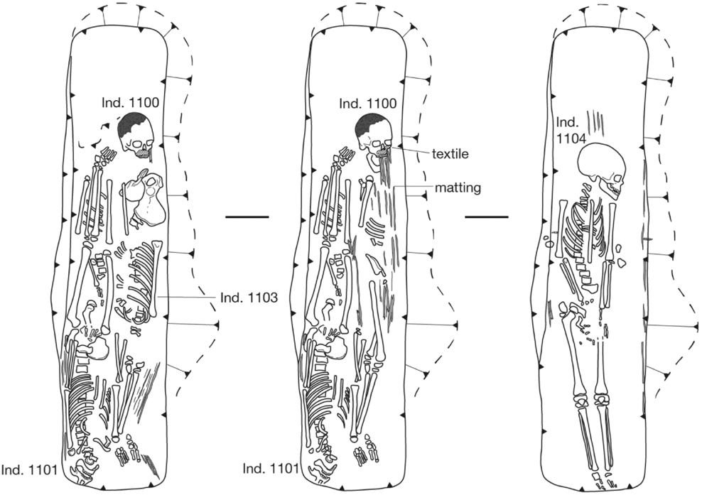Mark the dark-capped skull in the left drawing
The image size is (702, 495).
[136, 135]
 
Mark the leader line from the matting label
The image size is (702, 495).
[412, 187]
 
